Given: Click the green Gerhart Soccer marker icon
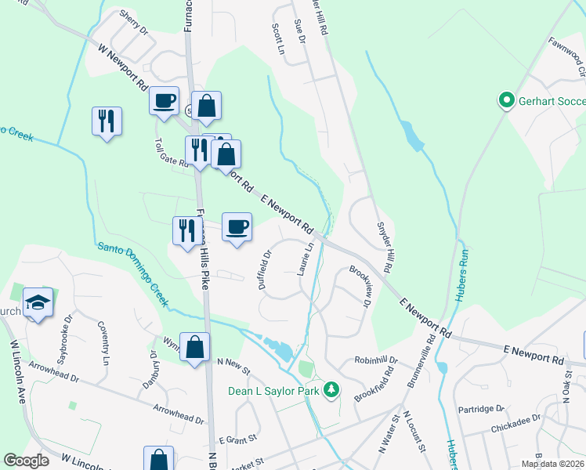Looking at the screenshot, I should (506, 100).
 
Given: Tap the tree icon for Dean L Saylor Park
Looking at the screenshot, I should (332, 389).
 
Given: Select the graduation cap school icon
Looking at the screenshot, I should (37, 302).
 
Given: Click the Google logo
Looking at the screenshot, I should (26, 461).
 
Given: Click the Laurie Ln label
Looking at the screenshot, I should (306, 258).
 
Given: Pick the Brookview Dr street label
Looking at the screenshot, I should (359, 287).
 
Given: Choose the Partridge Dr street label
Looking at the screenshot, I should (482, 409).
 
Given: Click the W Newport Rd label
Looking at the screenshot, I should (125, 67).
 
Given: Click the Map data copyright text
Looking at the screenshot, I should (552, 464).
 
